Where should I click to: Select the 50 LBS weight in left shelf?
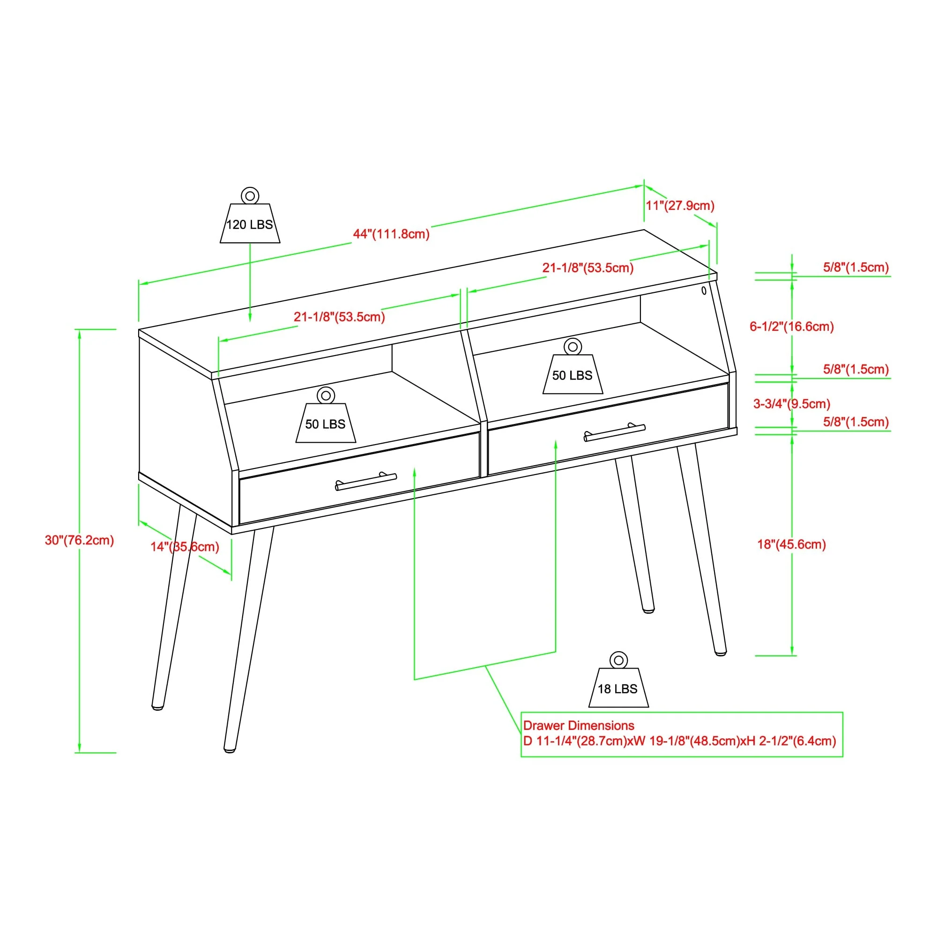[326, 419]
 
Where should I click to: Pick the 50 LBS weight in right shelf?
[573, 371]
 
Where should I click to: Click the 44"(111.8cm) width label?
[391, 234]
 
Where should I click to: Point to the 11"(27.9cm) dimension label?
[679, 206]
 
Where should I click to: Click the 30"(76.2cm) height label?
[80, 540]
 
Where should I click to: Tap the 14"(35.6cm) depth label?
[185, 547]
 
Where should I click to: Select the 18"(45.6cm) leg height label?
[791, 544]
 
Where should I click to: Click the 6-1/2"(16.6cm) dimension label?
[791, 327]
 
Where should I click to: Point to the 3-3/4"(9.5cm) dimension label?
[791, 403]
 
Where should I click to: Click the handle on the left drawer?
[366, 482]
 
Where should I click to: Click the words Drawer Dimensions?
[578, 726]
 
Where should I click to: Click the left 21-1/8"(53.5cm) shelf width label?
[339, 317]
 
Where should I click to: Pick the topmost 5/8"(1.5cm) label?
[855, 267]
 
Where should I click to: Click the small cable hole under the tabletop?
[704, 290]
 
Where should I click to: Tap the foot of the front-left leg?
[230, 749]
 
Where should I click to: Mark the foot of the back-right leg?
[648, 610]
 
